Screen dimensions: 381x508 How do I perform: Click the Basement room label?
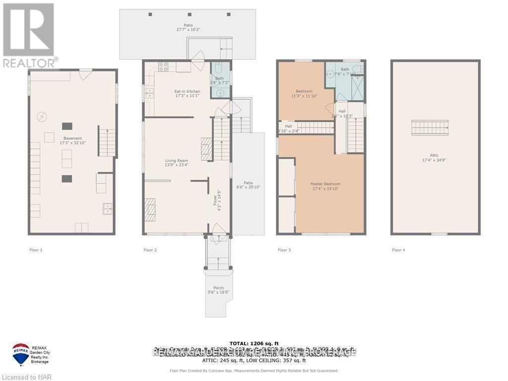(x=72, y=138)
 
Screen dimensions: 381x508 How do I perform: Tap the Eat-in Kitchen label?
(x=173, y=91)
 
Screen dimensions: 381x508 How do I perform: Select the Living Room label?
(x=177, y=161)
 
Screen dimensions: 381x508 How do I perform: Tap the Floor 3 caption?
(x=284, y=250)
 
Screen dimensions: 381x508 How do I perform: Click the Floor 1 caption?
(x=36, y=250)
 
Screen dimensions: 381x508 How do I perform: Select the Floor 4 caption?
(x=398, y=250)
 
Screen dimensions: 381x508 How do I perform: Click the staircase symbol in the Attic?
(x=430, y=128)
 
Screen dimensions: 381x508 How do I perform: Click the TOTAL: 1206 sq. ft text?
(x=254, y=343)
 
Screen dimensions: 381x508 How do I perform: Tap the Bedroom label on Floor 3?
(x=304, y=91)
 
